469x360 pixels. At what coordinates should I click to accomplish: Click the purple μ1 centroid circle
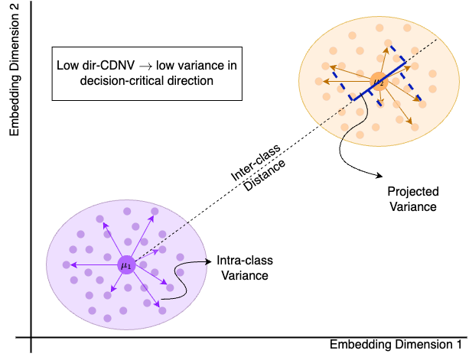(x=126, y=265)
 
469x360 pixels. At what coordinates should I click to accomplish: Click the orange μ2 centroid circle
(x=379, y=81)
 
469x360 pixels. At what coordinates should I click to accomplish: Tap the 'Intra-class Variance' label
(x=245, y=268)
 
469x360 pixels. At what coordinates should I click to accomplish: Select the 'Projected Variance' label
(x=413, y=199)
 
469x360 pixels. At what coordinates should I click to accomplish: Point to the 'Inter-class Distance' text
(x=258, y=167)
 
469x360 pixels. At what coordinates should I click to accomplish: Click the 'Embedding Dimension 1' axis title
(x=396, y=345)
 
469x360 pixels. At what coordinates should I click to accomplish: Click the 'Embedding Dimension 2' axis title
(x=14, y=70)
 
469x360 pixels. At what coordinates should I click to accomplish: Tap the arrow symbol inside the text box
(x=145, y=66)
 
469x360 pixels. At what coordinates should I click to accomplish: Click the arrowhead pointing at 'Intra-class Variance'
(x=208, y=261)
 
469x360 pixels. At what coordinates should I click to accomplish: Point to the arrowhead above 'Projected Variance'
(x=379, y=176)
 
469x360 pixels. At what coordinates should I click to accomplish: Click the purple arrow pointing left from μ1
(x=94, y=264)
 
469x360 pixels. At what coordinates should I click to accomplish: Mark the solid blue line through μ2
(x=379, y=81)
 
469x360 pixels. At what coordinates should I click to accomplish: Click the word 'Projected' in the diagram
(x=413, y=192)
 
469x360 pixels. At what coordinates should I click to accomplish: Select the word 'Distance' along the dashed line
(x=264, y=175)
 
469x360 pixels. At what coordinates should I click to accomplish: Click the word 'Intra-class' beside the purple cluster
(x=245, y=260)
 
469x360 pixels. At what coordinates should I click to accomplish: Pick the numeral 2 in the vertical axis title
(x=14, y=8)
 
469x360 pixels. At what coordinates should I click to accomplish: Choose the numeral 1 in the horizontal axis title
(x=459, y=344)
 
